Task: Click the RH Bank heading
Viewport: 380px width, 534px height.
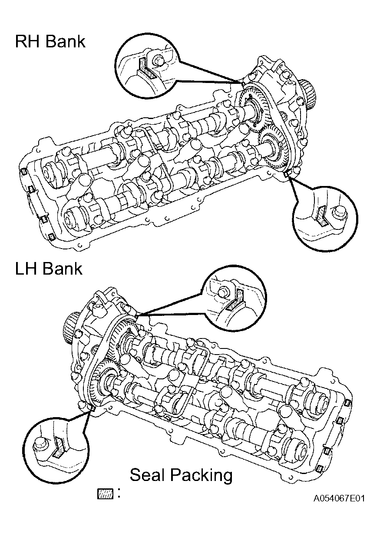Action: (x=50, y=41)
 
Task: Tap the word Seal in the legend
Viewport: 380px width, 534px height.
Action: (x=148, y=474)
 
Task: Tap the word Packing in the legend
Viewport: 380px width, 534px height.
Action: (x=202, y=476)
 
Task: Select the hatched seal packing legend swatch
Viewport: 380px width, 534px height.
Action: (x=105, y=494)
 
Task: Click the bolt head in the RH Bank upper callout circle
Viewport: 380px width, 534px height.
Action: (x=158, y=60)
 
